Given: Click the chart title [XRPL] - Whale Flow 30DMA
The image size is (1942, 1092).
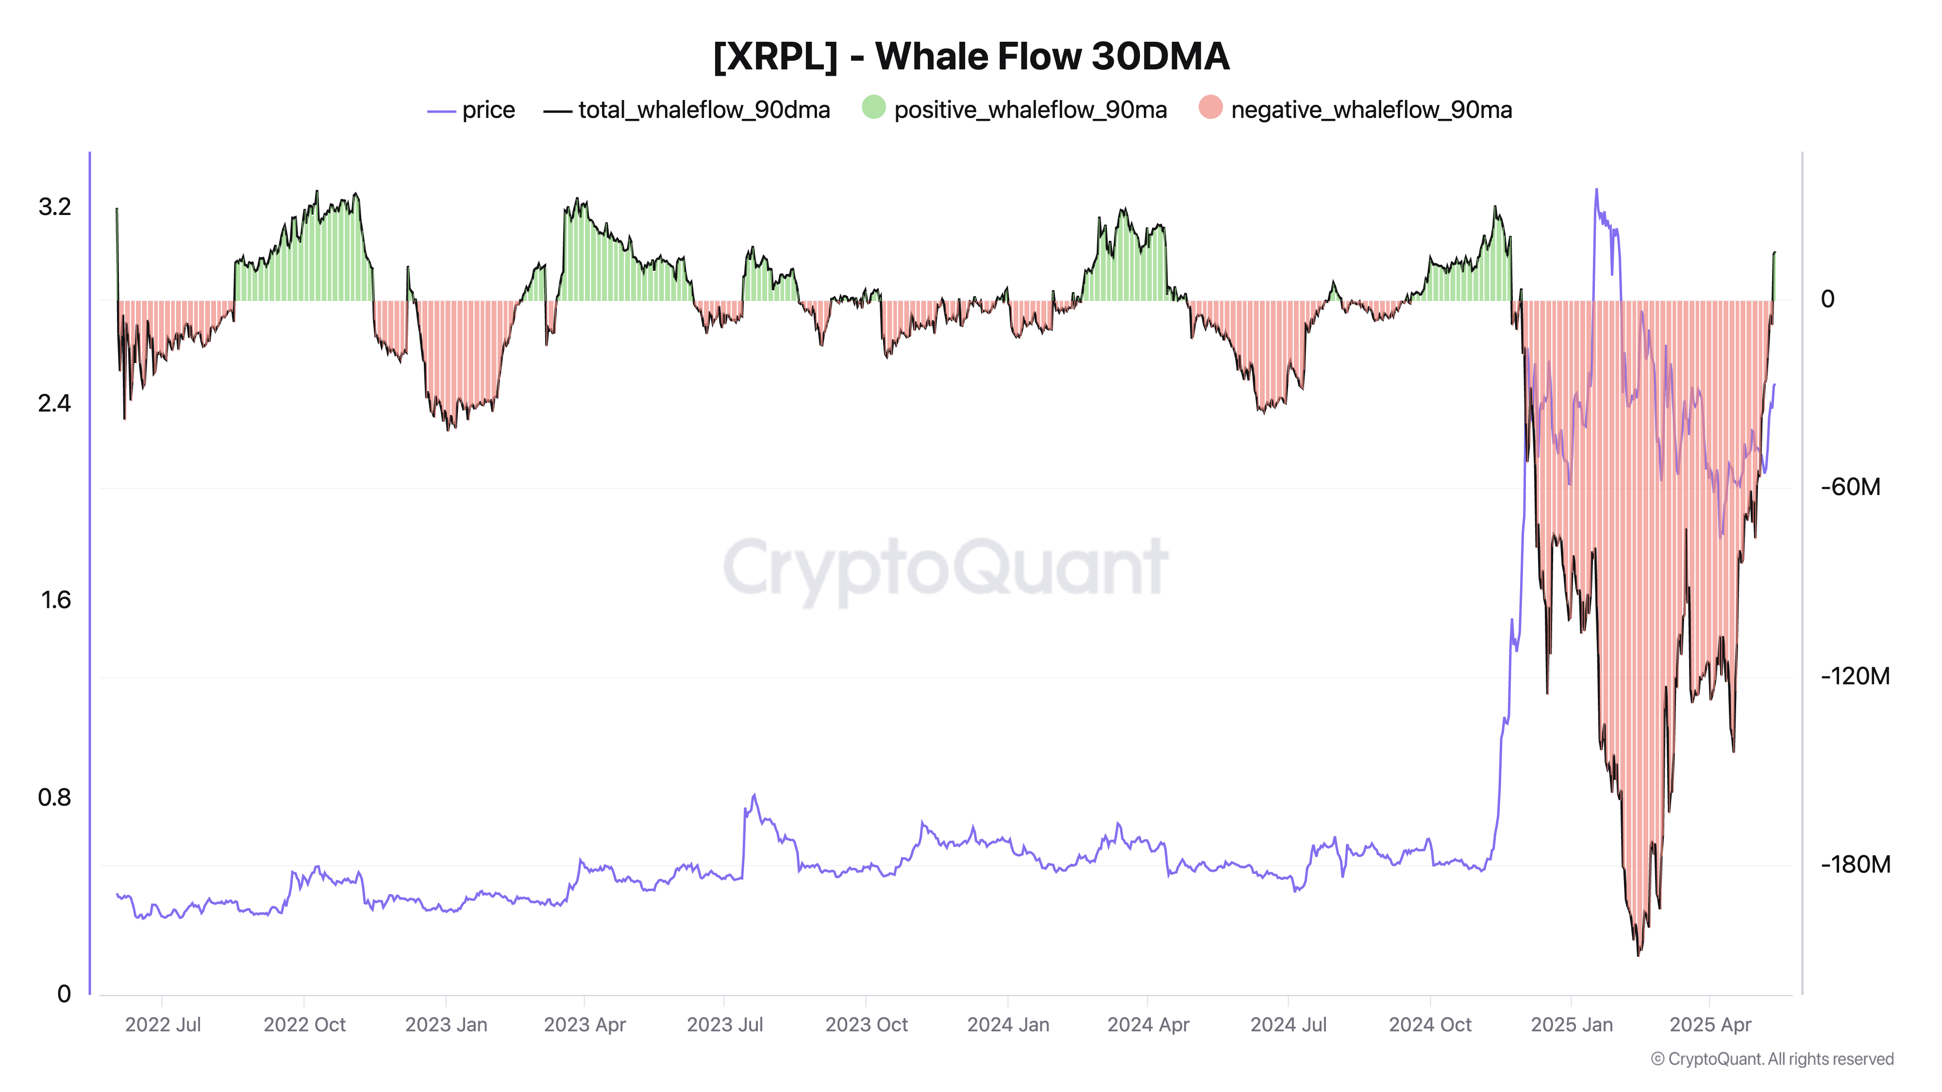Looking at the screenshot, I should (x=971, y=56).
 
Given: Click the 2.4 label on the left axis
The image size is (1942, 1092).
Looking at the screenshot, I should (x=54, y=403).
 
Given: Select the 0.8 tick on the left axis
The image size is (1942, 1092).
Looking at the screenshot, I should (x=54, y=796).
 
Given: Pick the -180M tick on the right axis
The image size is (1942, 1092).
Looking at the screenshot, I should (x=1855, y=864).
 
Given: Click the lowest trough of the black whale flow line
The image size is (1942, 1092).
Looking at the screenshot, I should (x=1638, y=955).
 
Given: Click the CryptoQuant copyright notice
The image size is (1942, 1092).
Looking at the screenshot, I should (x=1772, y=1059).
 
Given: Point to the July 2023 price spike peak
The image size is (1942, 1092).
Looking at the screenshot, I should (x=754, y=794).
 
